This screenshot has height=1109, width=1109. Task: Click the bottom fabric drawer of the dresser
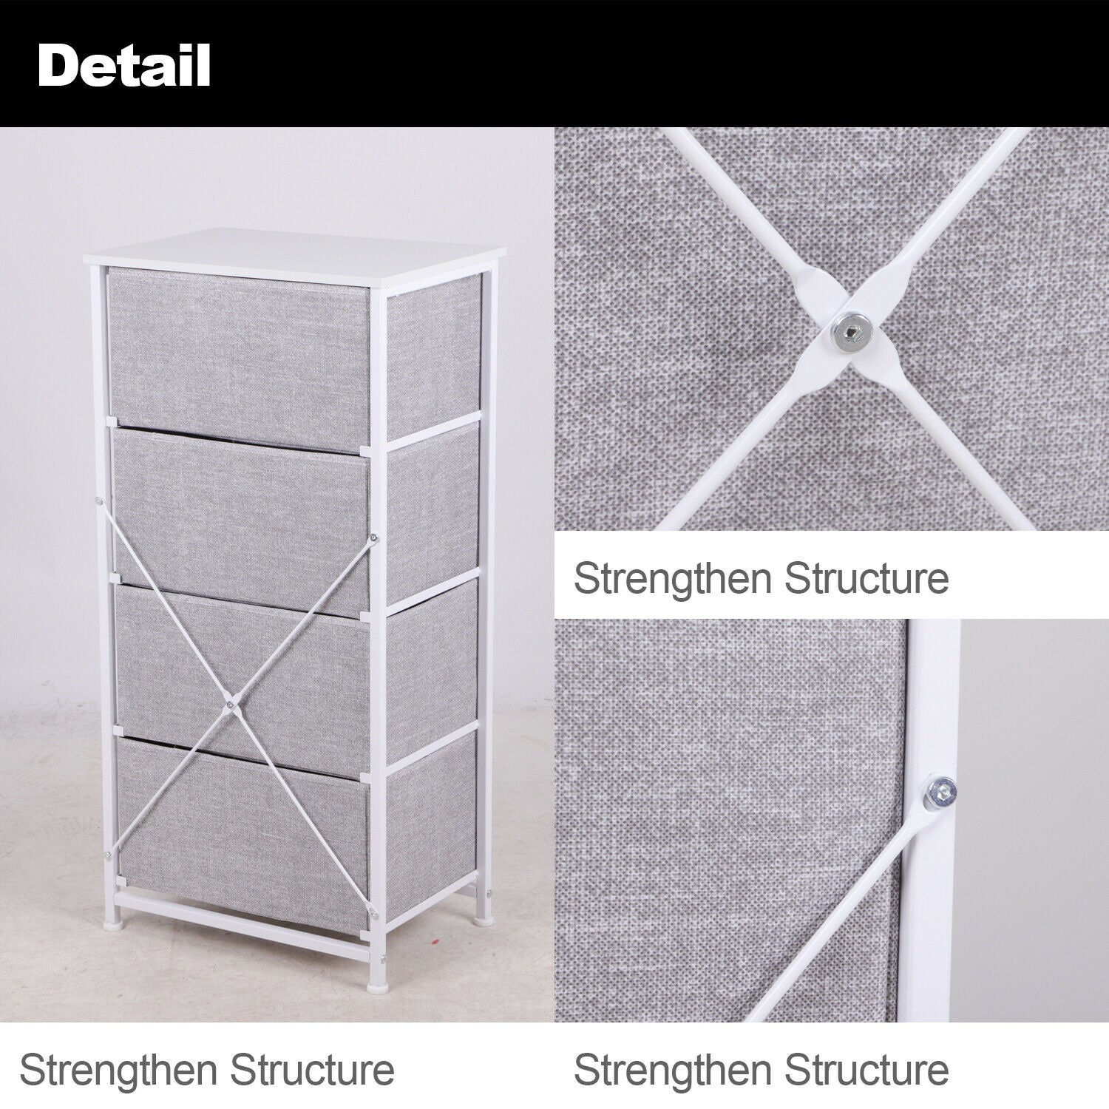tap(243, 834)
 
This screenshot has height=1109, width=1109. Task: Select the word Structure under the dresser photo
tap(311, 1070)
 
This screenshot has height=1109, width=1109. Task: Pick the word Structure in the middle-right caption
tap(866, 577)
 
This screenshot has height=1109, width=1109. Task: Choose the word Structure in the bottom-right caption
tap(866, 1070)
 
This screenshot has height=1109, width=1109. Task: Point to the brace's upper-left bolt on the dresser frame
tap(98, 501)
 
